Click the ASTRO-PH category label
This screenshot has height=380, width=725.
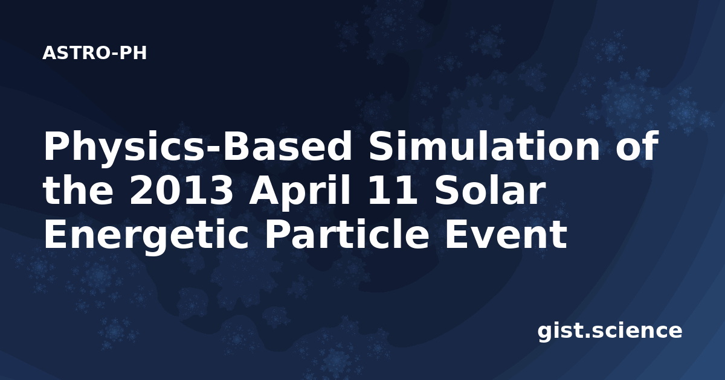[94, 53]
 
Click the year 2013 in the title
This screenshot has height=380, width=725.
[181, 191]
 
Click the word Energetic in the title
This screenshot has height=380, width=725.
[146, 236]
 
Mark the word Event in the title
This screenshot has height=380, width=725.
[506, 235]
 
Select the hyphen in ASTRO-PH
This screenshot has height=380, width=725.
[115, 55]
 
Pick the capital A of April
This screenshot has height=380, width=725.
[264, 191]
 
